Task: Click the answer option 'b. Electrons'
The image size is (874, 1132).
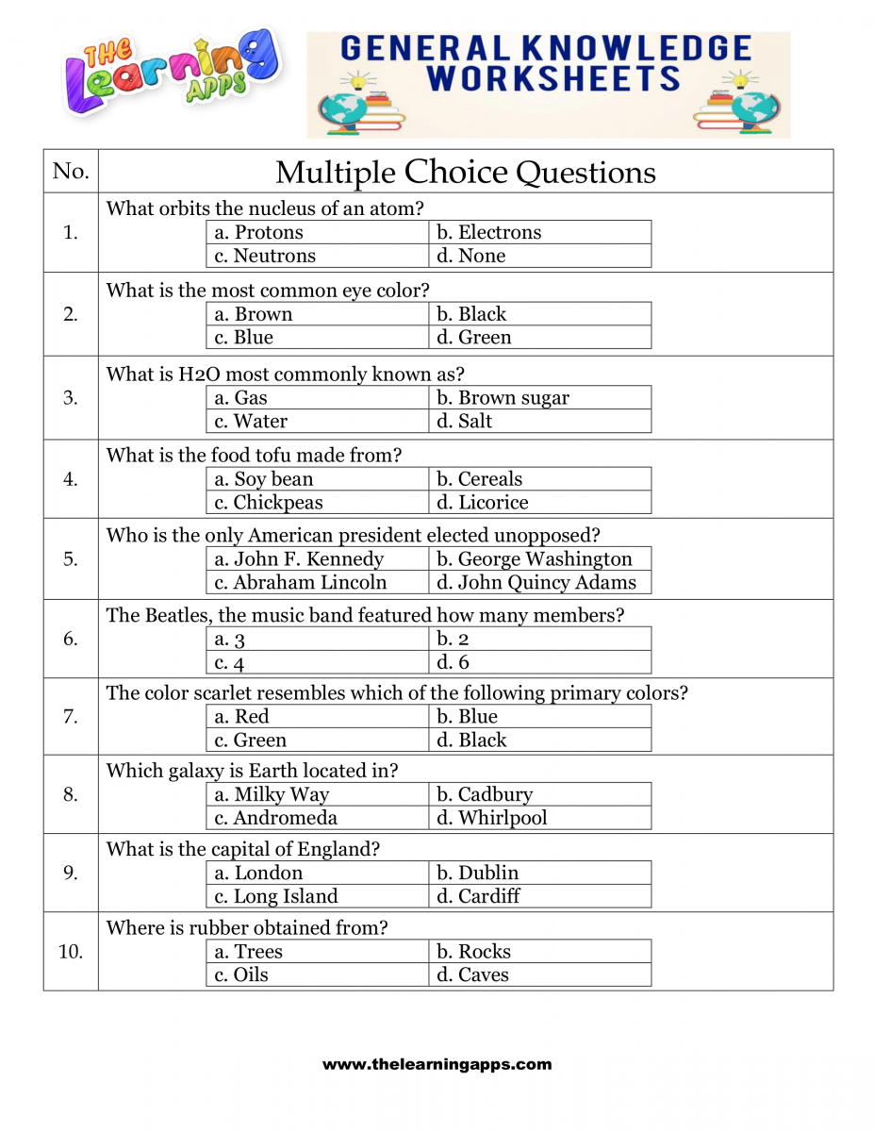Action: tap(488, 232)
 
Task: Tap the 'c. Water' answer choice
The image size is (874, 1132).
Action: tap(251, 421)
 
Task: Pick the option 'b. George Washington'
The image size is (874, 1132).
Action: tap(535, 559)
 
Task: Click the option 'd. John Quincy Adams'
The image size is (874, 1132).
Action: tap(536, 583)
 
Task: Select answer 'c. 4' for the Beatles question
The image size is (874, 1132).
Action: tap(229, 663)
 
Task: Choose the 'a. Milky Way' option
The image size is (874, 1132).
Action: tap(272, 794)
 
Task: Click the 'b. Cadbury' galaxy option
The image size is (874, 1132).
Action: tap(485, 794)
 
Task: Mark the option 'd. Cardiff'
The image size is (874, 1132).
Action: tap(478, 896)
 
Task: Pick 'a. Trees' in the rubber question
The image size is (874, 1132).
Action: tap(249, 952)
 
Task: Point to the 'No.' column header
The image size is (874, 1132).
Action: tap(71, 171)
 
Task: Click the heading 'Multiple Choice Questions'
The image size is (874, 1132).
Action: tap(465, 172)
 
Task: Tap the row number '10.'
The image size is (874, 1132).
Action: tap(71, 951)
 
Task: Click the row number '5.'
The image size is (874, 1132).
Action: tap(71, 558)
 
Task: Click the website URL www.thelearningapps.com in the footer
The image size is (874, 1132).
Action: tap(437, 1064)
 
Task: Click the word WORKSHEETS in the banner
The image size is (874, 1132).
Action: tap(552, 79)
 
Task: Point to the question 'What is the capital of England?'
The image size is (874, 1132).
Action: tap(243, 848)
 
